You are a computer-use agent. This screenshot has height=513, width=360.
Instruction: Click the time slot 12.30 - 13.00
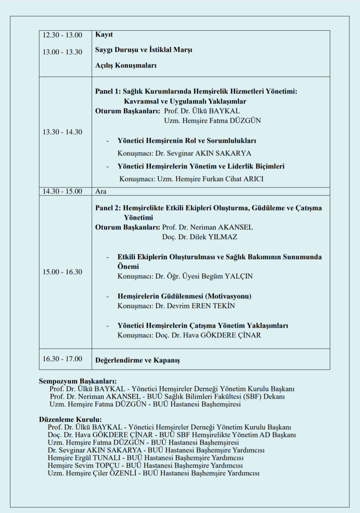pyautogui.click(x=62, y=35)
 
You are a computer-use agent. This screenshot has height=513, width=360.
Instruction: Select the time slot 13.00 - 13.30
pyautogui.click(x=62, y=52)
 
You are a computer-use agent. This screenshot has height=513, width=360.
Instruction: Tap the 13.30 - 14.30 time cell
pyautogui.click(x=62, y=132)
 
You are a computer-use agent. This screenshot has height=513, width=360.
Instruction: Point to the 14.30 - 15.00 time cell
pyautogui.click(x=62, y=191)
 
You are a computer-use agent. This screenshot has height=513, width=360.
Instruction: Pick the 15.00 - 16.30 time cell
pyautogui.click(x=62, y=272)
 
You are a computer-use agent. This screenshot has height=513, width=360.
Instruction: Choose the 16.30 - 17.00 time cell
pyautogui.click(x=62, y=359)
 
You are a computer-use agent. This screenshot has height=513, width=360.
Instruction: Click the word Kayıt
pyautogui.click(x=104, y=35)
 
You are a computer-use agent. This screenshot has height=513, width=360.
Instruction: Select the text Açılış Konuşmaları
pyautogui.click(x=126, y=65)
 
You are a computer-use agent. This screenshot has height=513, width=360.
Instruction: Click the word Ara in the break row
pyautogui.click(x=101, y=191)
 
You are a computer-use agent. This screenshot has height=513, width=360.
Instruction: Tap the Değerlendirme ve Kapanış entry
pyautogui.click(x=137, y=360)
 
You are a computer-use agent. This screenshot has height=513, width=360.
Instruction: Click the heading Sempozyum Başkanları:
pyautogui.click(x=78, y=381)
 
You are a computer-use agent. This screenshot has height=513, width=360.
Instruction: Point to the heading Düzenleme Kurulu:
pyautogui.click(x=70, y=419)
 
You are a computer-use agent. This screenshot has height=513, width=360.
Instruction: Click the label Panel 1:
pyautogui.click(x=108, y=91)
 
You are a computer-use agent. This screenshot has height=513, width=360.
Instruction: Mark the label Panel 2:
pyautogui.click(x=108, y=208)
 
